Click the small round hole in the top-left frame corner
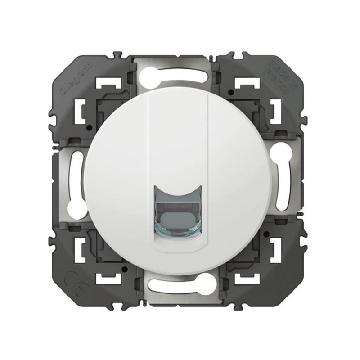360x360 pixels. click(129, 93)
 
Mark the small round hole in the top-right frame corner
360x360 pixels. click(230, 93)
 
